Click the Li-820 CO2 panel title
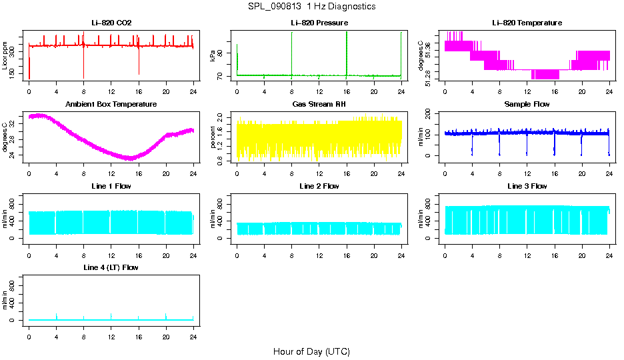coord(111,23)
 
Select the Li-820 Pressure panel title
coord(319,23)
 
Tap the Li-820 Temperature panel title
coord(527,23)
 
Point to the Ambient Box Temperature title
coord(111,105)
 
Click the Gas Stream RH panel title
coord(319,105)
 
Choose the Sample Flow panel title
coord(527,105)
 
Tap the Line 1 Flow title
coord(111,186)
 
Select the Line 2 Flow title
coord(319,186)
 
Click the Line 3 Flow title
coord(527,186)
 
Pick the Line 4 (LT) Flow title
coord(111,267)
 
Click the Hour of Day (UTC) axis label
coord(311,351)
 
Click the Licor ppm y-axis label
coord(5,55)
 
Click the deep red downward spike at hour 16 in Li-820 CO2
coord(139,67)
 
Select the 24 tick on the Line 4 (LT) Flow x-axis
coord(193,331)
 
